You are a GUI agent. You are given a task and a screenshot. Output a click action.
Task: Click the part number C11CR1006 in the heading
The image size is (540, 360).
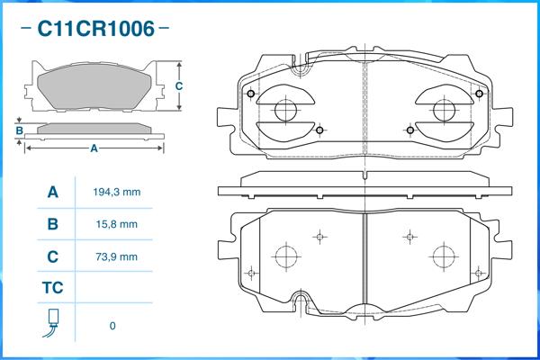94,29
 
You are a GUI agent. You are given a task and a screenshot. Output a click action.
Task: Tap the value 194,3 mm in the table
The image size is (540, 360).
116,193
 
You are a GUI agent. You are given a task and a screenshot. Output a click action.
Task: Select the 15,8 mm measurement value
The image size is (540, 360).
116,224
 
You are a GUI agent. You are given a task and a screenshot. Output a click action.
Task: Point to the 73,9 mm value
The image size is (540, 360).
116,256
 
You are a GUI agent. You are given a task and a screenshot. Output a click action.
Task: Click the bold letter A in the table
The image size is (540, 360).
52,193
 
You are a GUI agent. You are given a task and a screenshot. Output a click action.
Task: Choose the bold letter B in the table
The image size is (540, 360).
52,224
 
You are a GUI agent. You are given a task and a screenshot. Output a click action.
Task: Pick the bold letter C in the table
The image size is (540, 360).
52,256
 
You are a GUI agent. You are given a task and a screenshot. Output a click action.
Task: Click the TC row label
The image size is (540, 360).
52,288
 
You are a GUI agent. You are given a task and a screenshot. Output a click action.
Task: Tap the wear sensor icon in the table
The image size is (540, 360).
52,323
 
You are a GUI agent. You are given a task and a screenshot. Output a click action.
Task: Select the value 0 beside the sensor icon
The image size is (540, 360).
112,325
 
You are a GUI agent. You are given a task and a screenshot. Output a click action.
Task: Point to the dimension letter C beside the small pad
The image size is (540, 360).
179,86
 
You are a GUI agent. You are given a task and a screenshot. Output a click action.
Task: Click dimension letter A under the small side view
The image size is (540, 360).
94,149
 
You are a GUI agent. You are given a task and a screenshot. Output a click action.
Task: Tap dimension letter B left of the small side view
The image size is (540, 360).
19,130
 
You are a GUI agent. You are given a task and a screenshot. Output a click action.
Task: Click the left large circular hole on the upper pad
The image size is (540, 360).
285,111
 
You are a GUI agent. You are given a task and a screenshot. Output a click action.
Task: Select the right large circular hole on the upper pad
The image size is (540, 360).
444,111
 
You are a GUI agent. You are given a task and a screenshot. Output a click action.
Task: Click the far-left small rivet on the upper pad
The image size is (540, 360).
251,95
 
